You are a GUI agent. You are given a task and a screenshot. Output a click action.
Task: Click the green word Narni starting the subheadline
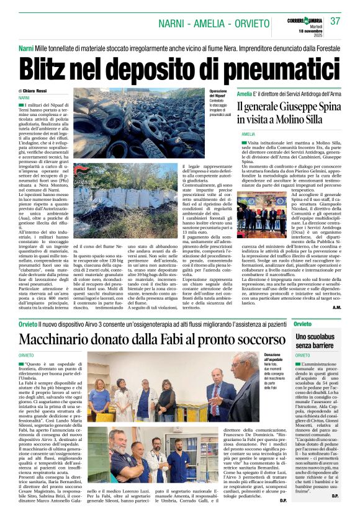pos(25,48)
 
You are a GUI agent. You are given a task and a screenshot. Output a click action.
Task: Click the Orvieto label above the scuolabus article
pos(303,324)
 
